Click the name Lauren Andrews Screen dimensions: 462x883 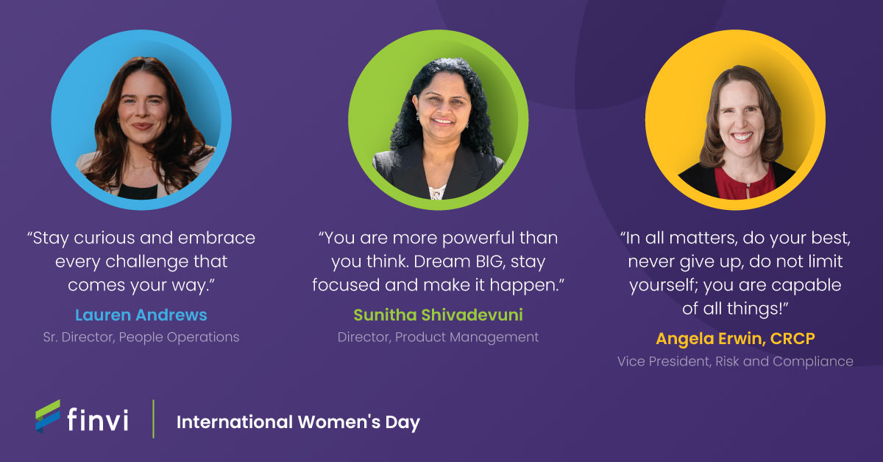point(141,315)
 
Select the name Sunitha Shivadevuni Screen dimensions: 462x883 point(438,315)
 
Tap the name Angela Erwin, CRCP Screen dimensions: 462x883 point(735,339)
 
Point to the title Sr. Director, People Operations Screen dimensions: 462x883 point(141,337)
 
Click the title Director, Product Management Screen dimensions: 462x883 point(438,337)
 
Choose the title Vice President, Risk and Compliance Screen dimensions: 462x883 point(735,361)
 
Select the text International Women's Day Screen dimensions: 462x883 point(298,422)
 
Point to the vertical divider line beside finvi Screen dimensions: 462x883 point(154,419)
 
